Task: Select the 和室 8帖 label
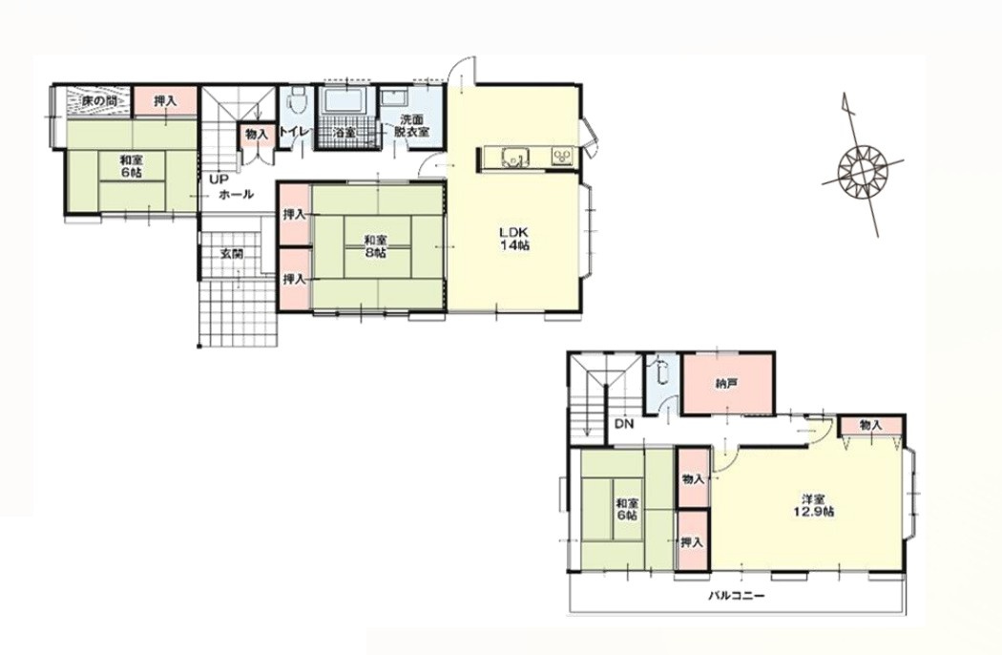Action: [375, 246]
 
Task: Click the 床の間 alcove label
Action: [97, 102]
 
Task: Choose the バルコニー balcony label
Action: [736, 596]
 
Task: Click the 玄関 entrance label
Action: [231, 253]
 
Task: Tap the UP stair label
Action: [216, 180]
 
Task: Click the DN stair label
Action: [624, 423]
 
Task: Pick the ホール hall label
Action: [237, 195]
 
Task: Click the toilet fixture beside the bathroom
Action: [297, 99]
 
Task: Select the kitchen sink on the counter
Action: [515, 156]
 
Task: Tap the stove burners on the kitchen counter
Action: [562, 156]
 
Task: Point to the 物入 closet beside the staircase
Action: [257, 135]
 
